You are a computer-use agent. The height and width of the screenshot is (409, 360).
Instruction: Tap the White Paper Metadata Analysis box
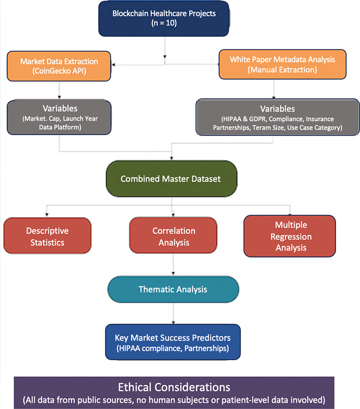click(275, 65)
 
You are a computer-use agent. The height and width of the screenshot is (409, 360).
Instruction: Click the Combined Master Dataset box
click(171, 179)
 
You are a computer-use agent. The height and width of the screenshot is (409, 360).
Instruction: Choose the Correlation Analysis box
click(174, 236)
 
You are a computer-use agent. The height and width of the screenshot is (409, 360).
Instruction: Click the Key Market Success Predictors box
click(173, 341)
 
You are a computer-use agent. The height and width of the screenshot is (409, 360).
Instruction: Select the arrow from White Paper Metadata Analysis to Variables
click(275, 89)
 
